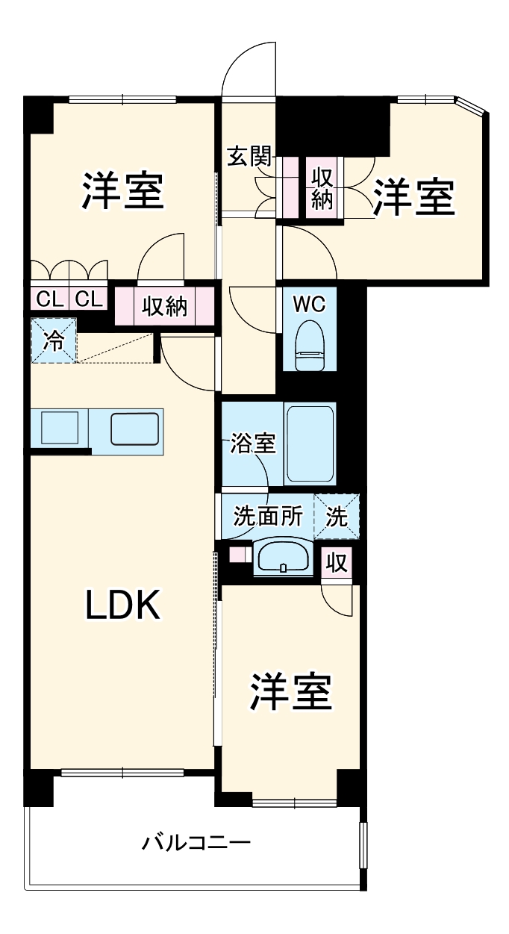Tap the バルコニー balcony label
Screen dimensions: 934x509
click(x=197, y=844)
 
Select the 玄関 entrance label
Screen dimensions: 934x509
click(x=249, y=158)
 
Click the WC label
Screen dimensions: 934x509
click(x=309, y=305)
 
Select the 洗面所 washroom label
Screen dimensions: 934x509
click(x=267, y=517)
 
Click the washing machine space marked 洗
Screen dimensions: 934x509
click(x=337, y=517)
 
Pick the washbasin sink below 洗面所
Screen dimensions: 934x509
click(x=283, y=558)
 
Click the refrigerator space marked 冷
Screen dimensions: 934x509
click(x=54, y=340)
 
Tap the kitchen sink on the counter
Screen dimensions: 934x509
click(x=134, y=429)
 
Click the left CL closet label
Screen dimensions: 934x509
click(x=49, y=300)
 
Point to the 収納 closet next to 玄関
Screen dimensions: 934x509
click(x=322, y=188)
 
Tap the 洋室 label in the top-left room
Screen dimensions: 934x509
click(x=122, y=192)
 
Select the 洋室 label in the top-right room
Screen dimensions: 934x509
click(x=413, y=197)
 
